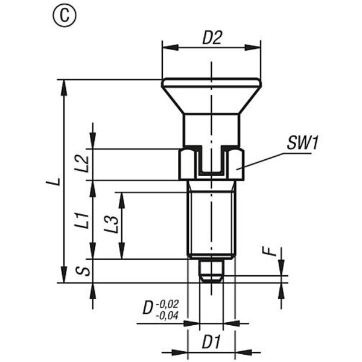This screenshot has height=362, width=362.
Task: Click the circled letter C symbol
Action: click(x=65, y=16)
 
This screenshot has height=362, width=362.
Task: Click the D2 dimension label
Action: click(x=212, y=38)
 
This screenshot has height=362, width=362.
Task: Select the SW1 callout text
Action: click(x=303, y=143)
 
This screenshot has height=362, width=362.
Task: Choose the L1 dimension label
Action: click(x=81, y=221)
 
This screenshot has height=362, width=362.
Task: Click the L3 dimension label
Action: click(x=111, y=224)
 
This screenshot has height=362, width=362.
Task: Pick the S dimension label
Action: click(x=83, y=270)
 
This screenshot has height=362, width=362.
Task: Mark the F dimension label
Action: click(x=270, y=251)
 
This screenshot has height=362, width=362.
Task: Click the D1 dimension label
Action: click(x=212, y=341)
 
